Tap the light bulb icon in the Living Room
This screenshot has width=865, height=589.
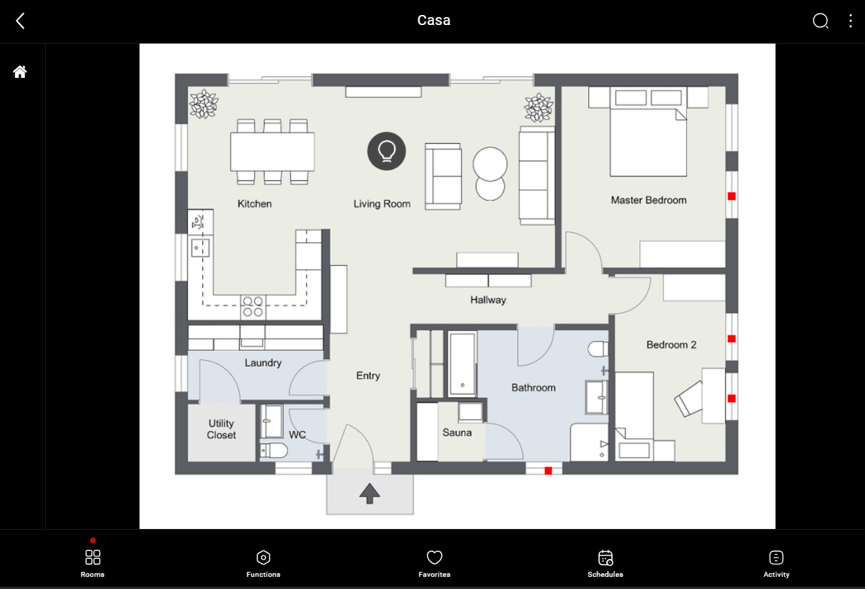tap(387, 151)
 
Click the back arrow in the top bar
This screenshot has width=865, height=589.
tap(21, 21)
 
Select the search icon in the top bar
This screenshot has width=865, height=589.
tap(820, 21)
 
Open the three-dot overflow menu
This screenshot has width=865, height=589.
tap(850, 21)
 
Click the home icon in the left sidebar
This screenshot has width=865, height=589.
tap(20, 72)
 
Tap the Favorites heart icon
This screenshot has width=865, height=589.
tap(435, 558)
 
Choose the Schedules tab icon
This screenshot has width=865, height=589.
tap(605, 558)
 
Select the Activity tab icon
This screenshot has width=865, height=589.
tap(776, 558)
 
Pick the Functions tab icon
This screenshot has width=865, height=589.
tap(263, 558)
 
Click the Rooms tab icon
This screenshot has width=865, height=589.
tap(93, 558)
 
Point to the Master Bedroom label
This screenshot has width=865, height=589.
tap(649, 200)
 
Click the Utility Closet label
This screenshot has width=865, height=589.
tap(222, 429)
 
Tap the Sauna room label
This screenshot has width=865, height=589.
tap(457, 432)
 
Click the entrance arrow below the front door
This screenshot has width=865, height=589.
tap(370, 493)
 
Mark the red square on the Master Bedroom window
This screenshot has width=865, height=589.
tap(732, 196)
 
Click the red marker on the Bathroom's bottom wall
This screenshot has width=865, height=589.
tap(548, 470)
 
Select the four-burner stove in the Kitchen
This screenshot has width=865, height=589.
tap(253, 307)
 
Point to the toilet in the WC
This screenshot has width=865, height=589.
tap(274, 450)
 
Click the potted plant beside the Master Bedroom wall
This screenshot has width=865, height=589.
tap(539, 107)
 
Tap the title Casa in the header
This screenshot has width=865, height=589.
tap(434, 20)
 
